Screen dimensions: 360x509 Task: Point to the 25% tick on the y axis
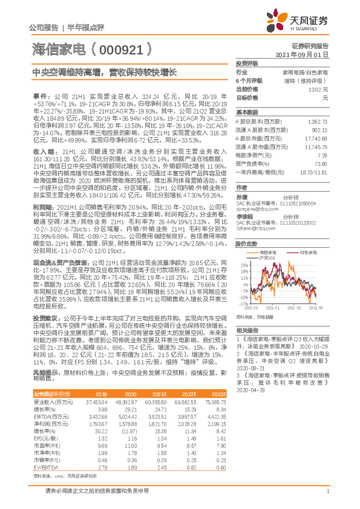coord(243,248)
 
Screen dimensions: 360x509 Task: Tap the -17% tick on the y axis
coord(242,304)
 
